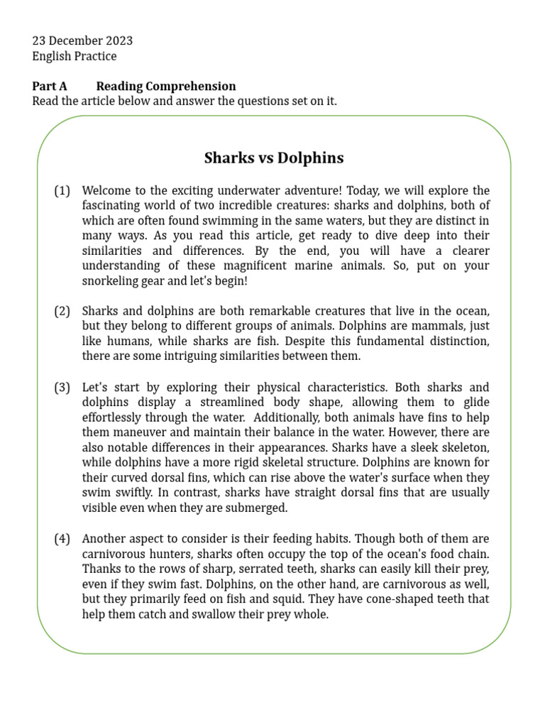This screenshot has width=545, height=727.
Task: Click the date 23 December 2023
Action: [82, 40]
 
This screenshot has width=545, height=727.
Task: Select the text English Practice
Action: [75, 56]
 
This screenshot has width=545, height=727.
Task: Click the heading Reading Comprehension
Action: [166, 86]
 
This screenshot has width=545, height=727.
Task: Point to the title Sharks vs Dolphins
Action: [274, 158]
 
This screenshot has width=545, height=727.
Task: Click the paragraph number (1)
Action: [62, 190]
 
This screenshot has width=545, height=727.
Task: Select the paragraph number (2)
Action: [62, 311]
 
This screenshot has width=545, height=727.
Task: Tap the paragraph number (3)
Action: [62, 387]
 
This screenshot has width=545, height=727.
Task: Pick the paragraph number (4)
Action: [62, 538]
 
